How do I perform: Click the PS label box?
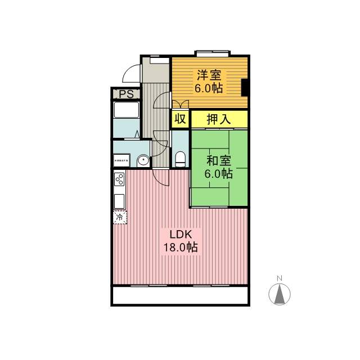(125, 93)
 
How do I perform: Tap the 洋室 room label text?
(209, 75)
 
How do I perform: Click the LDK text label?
(179, 233)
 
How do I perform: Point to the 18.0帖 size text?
(180, 247)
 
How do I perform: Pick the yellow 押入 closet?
(219, 119)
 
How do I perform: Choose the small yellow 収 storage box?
(180, 119)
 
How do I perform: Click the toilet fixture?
(180, 159)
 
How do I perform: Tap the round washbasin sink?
(143, 161)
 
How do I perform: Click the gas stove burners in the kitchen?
(119, 179)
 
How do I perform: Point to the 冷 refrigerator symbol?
(119, 217)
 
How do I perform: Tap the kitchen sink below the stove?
(119, 200)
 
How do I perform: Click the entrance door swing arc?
(130, 74)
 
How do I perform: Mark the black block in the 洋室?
(245, 87)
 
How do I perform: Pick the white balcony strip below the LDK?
(180, 295)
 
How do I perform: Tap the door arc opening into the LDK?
(161, 177)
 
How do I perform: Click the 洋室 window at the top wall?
(213, 53)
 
